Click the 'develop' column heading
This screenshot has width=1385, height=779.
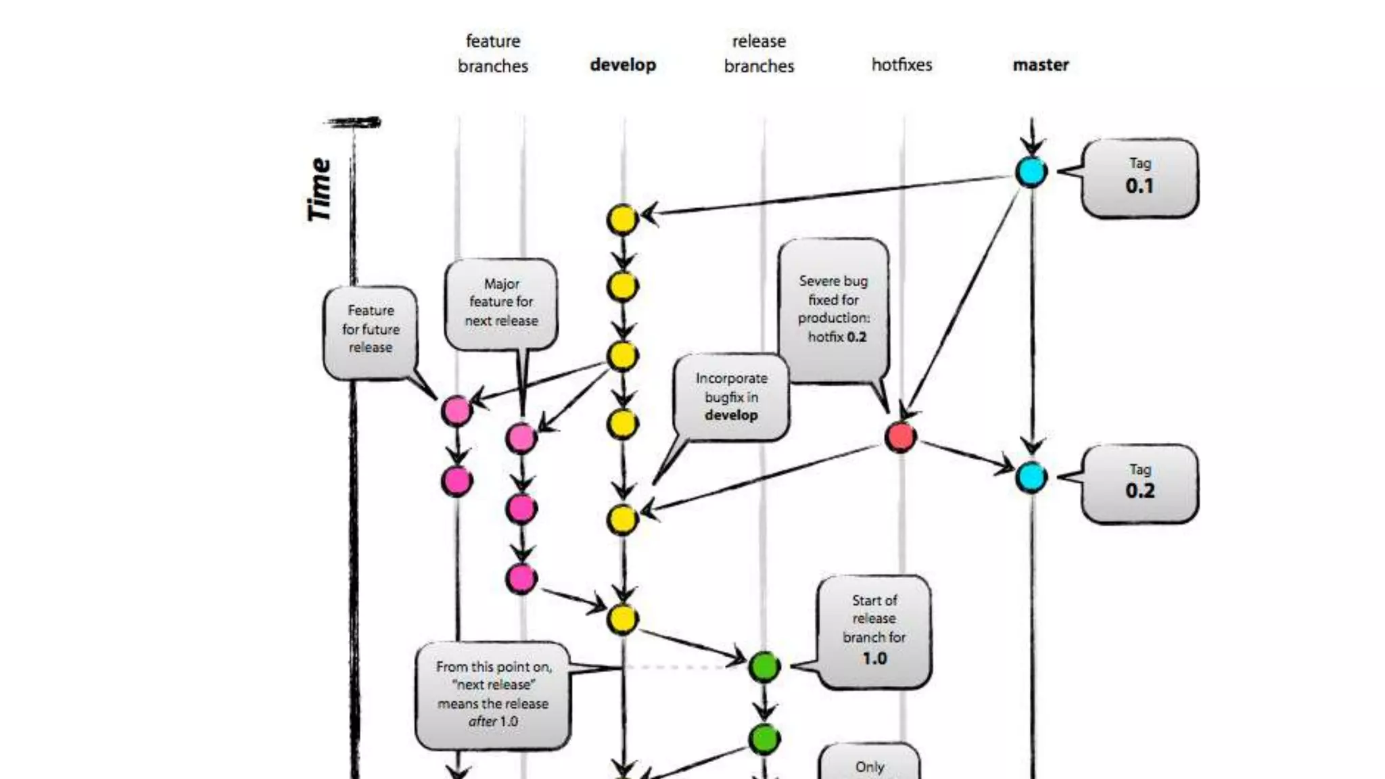pyautogui.click(x=623, y=65)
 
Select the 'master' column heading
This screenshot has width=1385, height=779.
pyautogui.click(x=1040, y=65)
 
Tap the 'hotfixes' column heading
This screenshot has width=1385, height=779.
pyautogui.click(x=901, y=65)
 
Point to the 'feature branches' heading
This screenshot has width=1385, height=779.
pyautogui.click(x=492, y=53)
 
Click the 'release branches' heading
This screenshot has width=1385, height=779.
pyautogui.click(x=759, y=53)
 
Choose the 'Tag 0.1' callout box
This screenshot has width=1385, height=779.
pyautogui.click(x=1140, y=178)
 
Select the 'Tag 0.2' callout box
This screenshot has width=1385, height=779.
pyautogui.click(x=1140, y=483)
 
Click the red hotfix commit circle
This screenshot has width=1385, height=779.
pyautogui.click(x=900, y=437)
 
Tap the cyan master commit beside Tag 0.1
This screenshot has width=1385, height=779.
pyautogui.click(x=1031, y=172)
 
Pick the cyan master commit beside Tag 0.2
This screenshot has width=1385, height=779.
pyautogui.click(x=1031, y=477)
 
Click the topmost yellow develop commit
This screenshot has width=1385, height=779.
pyautogui.click(x=622, y=220)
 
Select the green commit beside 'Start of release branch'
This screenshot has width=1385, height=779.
pyautogui.click(x=764, y=667)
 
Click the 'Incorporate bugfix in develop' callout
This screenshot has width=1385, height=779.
pyautogui.click(x=731, y=397)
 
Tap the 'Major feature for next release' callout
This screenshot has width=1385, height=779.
pyautogui.click(x=501, y=303)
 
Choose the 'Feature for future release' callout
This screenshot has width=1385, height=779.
pyautogui.click(x=370, y=330)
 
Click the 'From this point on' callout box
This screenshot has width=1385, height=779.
pyautogui.click(x=493, y=694)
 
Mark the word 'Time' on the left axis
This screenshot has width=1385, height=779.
pyautogui.click(x=319, y=189)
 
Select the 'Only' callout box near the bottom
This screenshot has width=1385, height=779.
pyautogui.click(x=869, y=764)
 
